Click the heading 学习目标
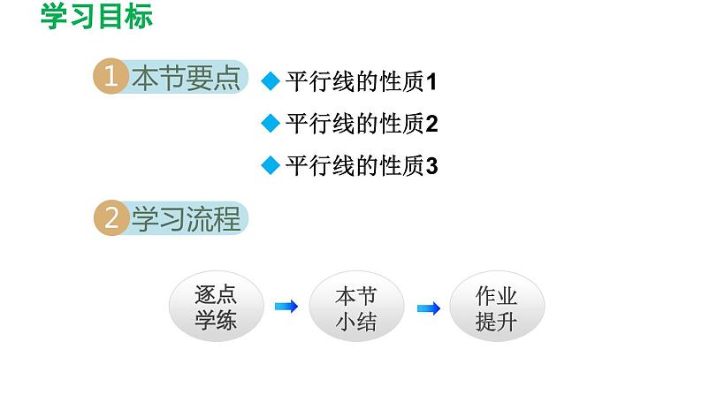click(96, 18)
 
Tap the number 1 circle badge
click(111, 79)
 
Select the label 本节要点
click(185, 79)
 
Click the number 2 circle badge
click(111, 219)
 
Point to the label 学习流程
click(185, 219)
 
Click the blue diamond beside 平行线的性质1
click(271, 83)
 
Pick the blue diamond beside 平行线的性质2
click(271, 124)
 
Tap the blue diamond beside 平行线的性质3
click(271, 165)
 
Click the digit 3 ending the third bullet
click(432, 166)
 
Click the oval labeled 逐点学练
click(216, 308)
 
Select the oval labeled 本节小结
click(356, 308)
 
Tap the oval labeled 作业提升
click(496, 308)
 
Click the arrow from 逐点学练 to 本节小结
click(286, 308)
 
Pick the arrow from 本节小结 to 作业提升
click(428, 308)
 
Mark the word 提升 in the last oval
click(496, 322)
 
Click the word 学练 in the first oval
click(216, 322)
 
